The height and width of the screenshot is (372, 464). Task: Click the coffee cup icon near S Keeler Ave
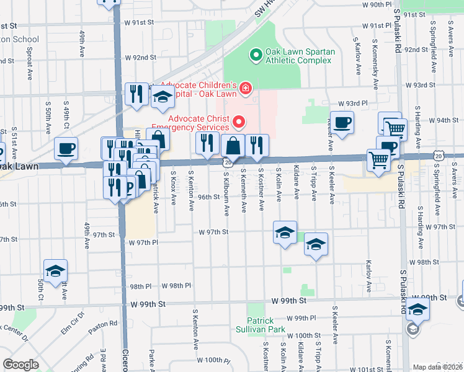(342, 122)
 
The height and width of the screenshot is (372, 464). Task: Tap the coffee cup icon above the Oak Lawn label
(66, 148)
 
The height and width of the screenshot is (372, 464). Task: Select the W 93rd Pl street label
(353, 104)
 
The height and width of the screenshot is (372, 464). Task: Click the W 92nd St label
(140, 58)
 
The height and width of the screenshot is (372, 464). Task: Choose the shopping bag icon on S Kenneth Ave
(233, 146)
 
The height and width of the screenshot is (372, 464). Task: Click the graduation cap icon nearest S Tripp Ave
(316, 244)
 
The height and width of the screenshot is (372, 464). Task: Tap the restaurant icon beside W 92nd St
(136, 94)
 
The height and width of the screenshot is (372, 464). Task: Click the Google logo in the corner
(20, 364)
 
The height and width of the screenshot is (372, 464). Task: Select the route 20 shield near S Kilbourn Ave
(227, 162)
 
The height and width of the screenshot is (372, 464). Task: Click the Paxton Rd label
(102, 325)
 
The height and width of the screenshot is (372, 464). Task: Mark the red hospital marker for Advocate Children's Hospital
(246, 89)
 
